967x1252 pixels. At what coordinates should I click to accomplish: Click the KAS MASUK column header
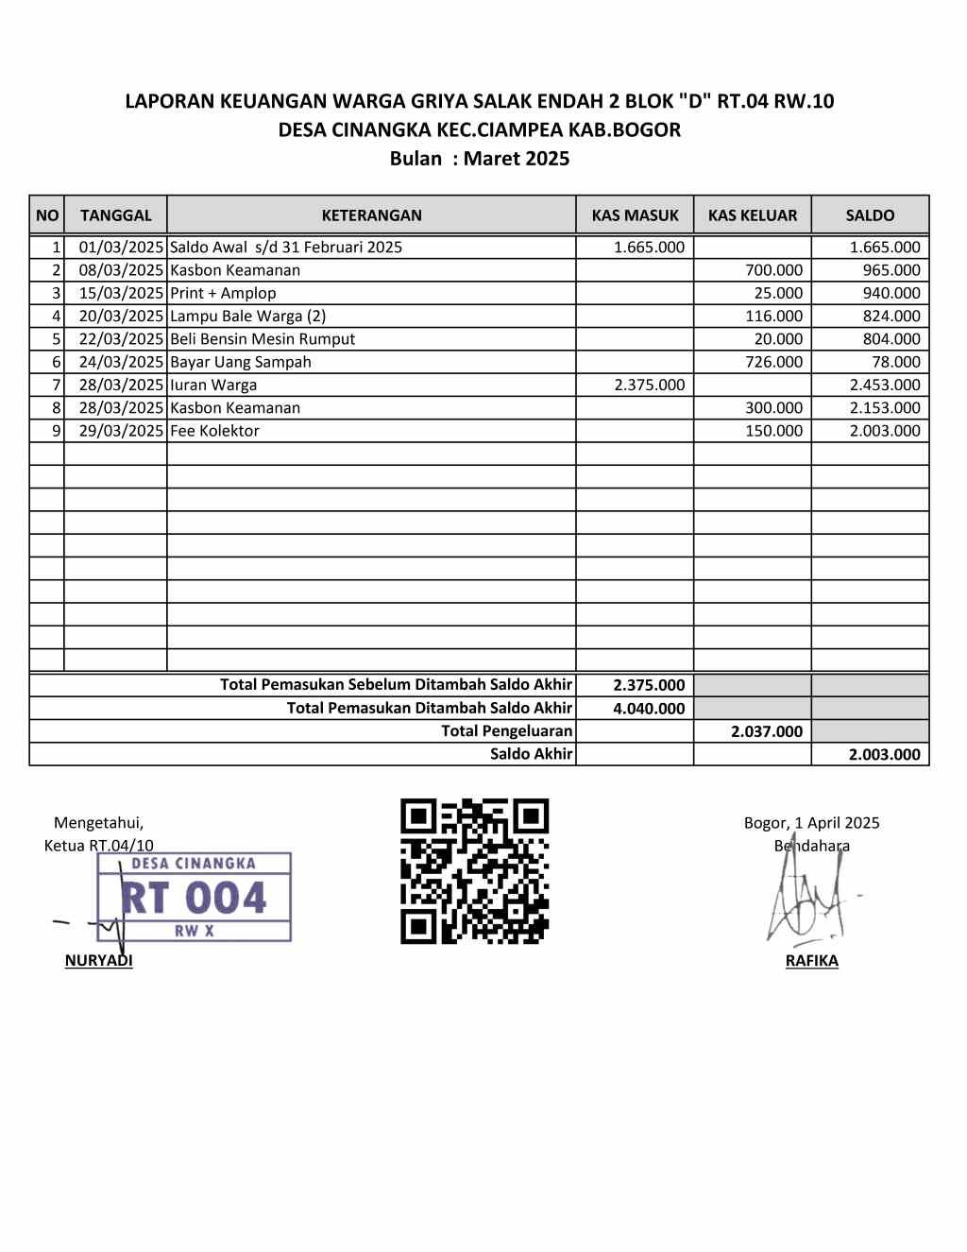coord(635,215)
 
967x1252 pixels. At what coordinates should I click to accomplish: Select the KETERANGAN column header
coord(371,215)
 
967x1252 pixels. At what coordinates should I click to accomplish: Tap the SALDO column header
coord(870,215)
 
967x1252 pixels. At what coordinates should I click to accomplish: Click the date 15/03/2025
coord(121,293)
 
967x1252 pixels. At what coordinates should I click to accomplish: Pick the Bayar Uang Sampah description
coord(240,362)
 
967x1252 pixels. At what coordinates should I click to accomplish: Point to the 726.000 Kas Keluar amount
coord(773,362)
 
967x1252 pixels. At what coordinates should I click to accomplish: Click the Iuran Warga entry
coord(213,385)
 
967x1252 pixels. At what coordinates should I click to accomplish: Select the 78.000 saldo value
coord(895,362)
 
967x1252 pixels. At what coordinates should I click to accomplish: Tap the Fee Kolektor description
coord(214,431)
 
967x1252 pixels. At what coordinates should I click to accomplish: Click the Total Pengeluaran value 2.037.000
coord(766,731)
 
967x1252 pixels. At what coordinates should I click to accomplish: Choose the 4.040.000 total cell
coord(649,709)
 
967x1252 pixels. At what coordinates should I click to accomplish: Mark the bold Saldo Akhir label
coord(531,754)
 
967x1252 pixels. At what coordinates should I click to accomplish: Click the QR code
coord(474,871)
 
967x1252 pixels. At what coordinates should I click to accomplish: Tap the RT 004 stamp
coord(195,897)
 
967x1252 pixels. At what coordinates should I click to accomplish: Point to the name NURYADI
coord(98,961)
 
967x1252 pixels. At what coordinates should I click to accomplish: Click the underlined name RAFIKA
coord(811,961)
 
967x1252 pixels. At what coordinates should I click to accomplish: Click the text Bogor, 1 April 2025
coord(811,823)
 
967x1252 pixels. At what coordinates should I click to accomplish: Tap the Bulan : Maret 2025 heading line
coord(480,159)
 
